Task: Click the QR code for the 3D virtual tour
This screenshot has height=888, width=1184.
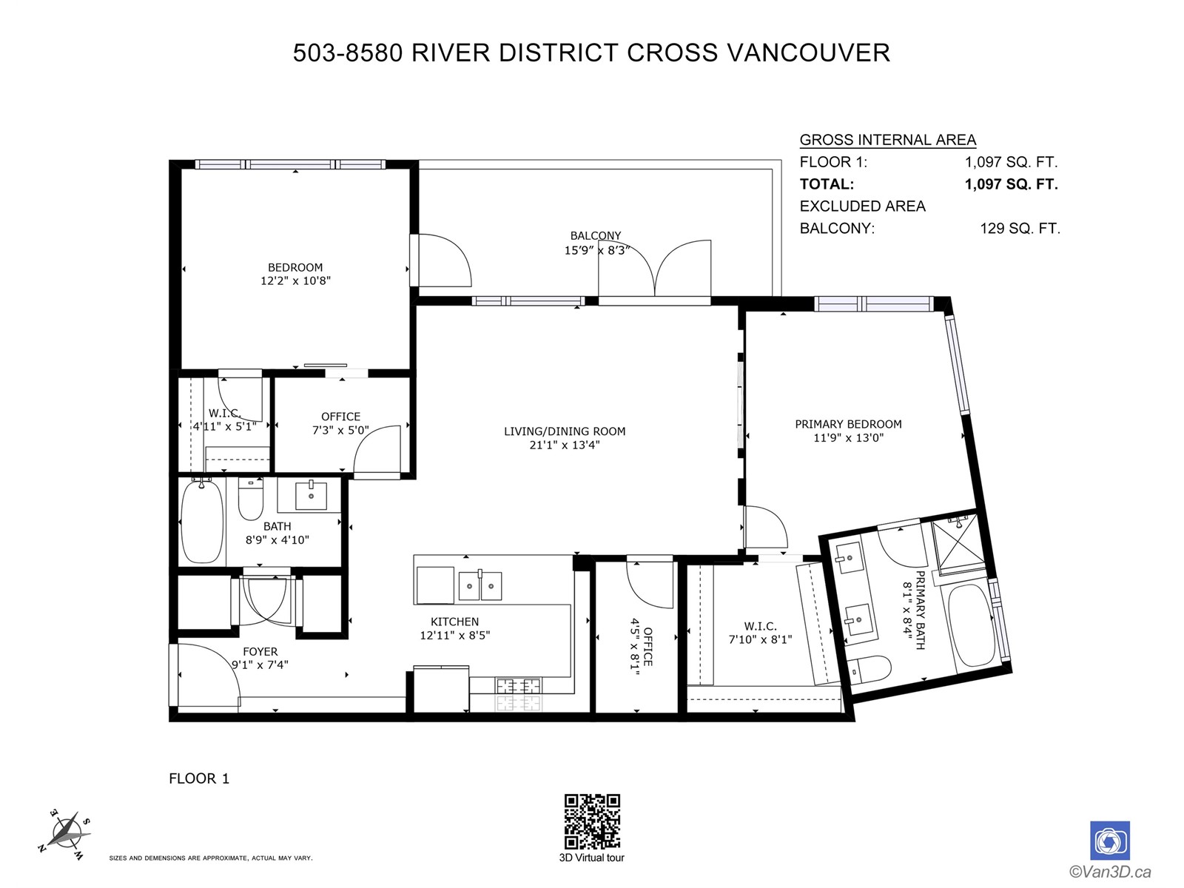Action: click(x=592, y=821)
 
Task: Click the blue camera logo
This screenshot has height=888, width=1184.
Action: click(x=1109, y=841)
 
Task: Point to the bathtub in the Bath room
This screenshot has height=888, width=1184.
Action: click(x=202, y=521)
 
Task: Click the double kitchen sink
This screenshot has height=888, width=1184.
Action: click(x=480, y=585)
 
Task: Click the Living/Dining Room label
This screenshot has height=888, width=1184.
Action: click(x=564, y=431)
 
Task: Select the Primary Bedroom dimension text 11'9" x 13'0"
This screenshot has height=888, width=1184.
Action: click(x=849, y=438)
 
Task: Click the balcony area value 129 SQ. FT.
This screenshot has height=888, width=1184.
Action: click(x=1020, y=229)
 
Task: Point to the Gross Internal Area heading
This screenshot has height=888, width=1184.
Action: click(x=888, y=140)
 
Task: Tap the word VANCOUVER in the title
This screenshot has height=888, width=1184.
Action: click(x=809, y=53)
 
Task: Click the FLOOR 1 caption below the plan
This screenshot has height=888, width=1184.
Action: click(x=199, y=778)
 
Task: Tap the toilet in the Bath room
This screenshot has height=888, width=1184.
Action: click(x=250, y=498)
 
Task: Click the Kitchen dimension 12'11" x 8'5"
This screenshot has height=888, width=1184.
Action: click(x=454, y=635)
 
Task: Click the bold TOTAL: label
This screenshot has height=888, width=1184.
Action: click(x=827, y=184)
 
